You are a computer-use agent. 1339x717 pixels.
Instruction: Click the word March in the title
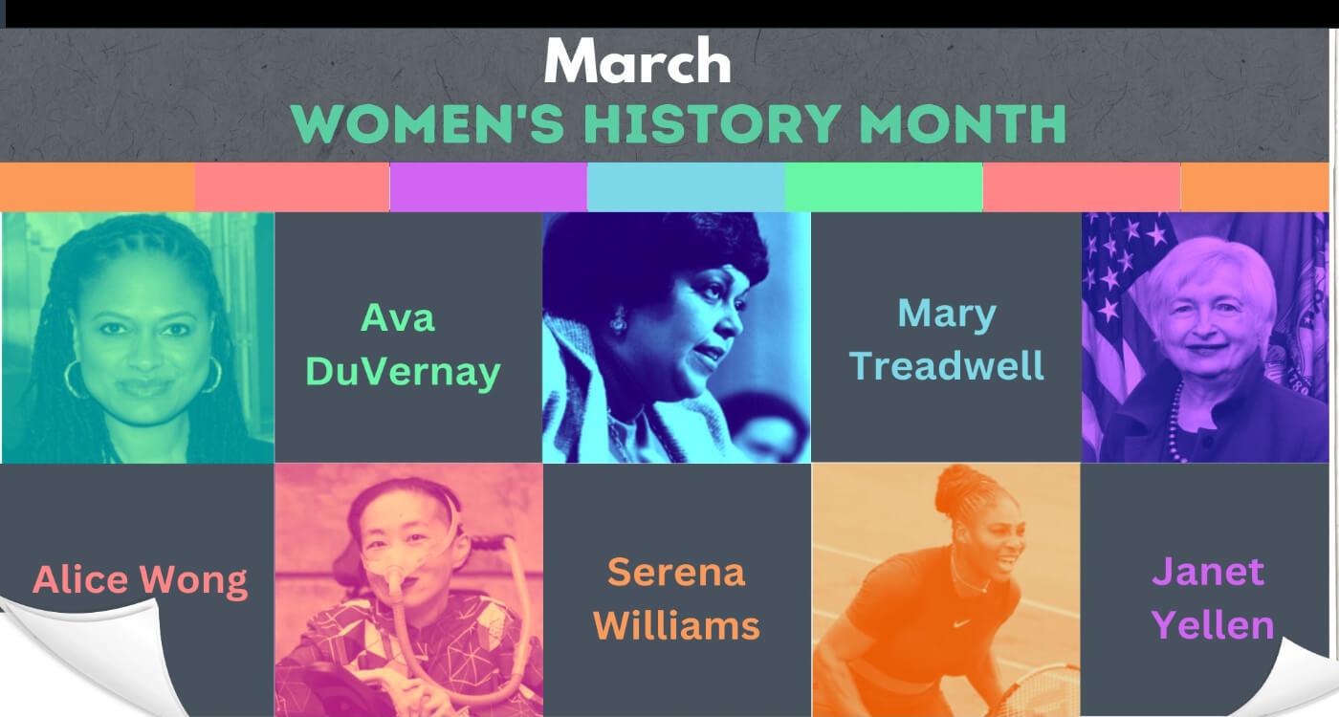coord(637,60)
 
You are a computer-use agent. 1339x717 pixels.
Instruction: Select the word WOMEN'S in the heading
coord(428,123)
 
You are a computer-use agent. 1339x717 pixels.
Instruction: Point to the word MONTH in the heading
coord(962,123)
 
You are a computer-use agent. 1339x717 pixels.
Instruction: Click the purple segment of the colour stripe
coord(489,187)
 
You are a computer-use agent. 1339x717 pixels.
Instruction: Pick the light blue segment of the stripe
coord(687,187)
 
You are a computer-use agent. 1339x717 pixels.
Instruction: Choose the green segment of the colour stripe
coord(884,187)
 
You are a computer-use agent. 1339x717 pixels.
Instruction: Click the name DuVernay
coord(403,372)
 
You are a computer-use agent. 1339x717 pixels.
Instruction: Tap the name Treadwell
coord(946,365)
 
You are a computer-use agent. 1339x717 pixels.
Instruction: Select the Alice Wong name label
coord(140,579)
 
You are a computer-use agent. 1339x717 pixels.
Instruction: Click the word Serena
coord(676,573)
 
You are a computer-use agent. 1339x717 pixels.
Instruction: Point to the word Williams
coord(676,625)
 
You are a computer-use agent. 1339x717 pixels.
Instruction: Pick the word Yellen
coord(1213,625)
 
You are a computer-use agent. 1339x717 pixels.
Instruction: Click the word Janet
coord(1208,572)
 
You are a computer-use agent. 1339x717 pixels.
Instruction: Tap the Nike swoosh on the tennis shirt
coord(961,623)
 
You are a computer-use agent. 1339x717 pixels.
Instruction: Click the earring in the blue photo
coord(619,322)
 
